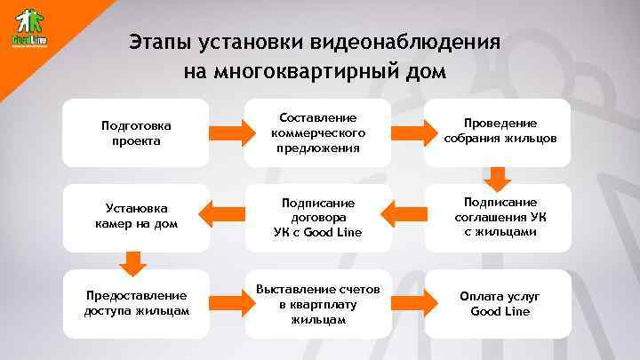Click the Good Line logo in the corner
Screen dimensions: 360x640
(x=29, y=29)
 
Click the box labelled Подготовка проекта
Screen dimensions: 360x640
(x=138, y=133)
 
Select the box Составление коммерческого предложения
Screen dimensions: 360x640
(x=317, y=132)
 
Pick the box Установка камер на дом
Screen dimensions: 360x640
(x=137, y=214)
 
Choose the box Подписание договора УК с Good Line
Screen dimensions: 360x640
(x=317, y=216)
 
